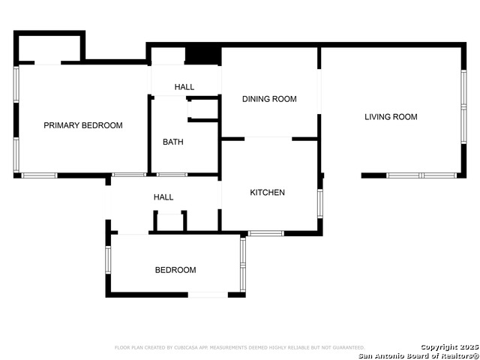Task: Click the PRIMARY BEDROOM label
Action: [x=82, y=125]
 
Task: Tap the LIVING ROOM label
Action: [x=391, y=117]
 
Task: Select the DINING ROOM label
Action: [x=269, y=99]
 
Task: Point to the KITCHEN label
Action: [x=267, y=193]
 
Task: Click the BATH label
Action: [x=173, y=142]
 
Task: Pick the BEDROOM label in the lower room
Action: [x=175, y=270]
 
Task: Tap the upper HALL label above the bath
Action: [x=184, y=87]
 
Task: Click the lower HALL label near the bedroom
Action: [x=163, y=197]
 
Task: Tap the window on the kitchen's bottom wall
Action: [x=266, y=233]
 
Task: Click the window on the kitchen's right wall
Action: [x=320, y=203]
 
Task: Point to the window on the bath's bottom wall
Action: [x=172, y=175]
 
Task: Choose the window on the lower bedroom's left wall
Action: [x=108, y=259]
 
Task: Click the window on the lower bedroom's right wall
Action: [x=242, y=263]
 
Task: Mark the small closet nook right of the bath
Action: [x=202, y=109]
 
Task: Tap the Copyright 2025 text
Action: [x=448, y=346]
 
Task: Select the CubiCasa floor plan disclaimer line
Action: [x=239, y=348]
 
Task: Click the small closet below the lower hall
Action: [x=169, y=222]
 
